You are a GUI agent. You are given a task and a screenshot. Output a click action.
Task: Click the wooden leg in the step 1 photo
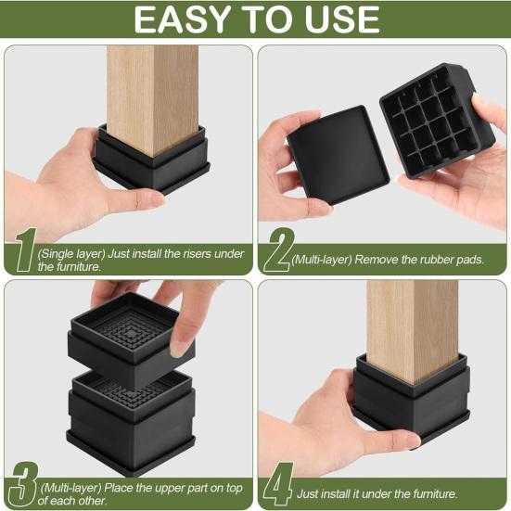[x=151, y=93]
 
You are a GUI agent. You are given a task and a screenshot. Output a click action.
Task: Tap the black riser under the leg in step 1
[x=153, y=167]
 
